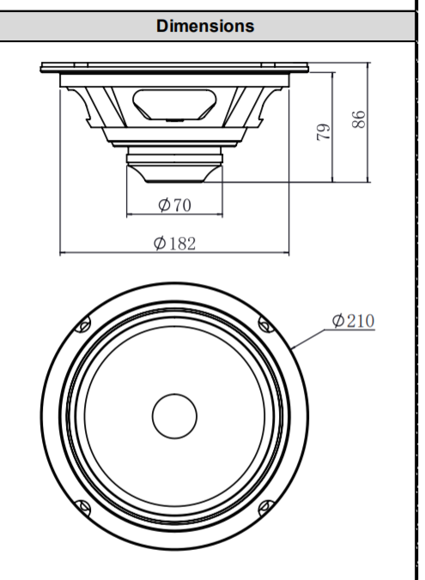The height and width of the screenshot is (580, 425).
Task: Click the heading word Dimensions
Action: [205, 27]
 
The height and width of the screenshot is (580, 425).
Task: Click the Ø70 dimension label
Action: [174, 205]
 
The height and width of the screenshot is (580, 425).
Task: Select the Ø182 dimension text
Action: [174, 243]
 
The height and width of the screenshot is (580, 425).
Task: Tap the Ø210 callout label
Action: [353, 321]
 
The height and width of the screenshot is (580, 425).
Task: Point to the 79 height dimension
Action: [323, 132]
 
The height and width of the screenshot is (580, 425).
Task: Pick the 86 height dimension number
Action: [358, 119]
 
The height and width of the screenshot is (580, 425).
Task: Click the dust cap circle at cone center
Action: [174, 416]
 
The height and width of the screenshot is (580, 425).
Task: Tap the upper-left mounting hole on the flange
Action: [83, 325]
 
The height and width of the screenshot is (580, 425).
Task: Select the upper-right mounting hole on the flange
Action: [266, 325]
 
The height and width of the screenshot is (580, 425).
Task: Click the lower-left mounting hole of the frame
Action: [82, 508]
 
